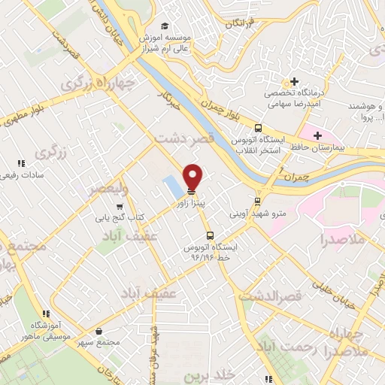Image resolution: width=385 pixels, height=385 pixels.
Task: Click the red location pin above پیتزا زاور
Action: (x=193, y=177)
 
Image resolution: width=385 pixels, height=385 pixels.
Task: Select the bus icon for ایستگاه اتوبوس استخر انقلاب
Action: (x=258, y=129)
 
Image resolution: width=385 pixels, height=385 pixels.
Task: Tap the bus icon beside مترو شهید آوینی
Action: (x=258, y=202)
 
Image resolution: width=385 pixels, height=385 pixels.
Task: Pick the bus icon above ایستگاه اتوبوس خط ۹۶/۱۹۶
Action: (x=209, y=235)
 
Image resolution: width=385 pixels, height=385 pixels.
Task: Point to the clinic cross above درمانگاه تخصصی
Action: (x=294, y=81)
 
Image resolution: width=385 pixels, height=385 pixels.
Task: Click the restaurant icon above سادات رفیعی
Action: (x=21, y=163)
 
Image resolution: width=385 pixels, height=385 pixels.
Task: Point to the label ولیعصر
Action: (x=106, y=188)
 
